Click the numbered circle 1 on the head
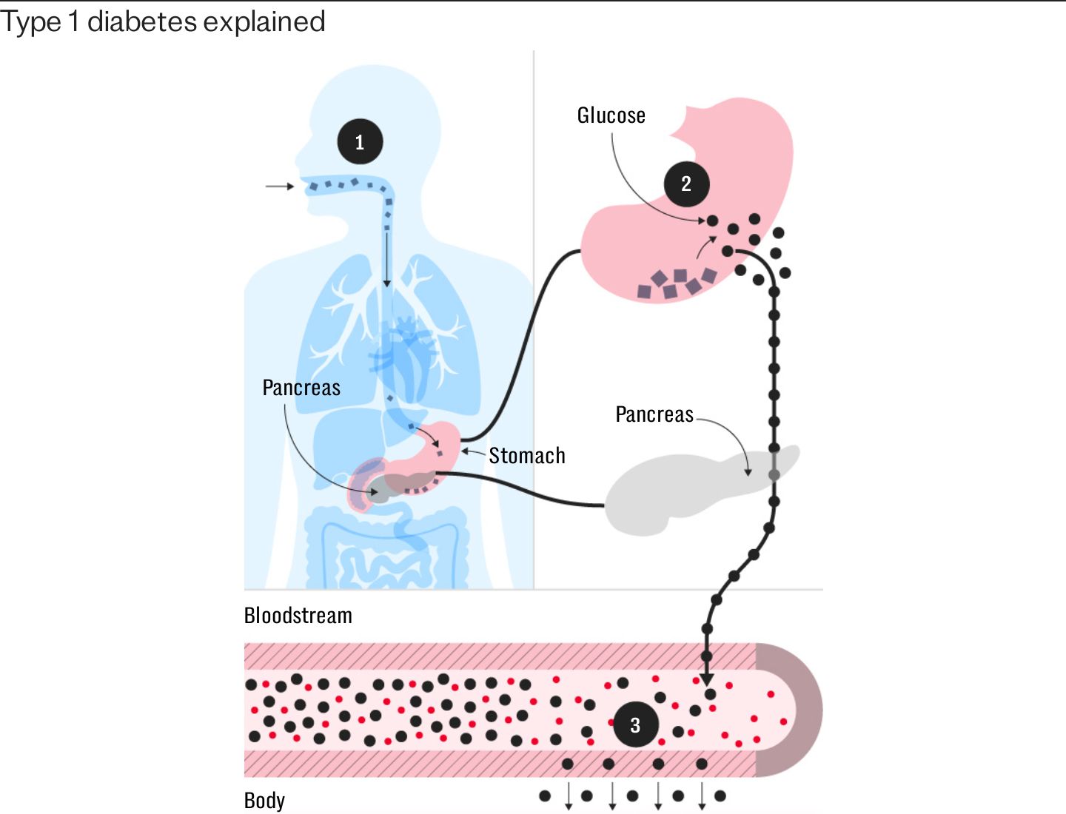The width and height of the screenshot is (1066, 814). pos(360,141)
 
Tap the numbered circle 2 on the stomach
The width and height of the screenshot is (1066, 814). pos(687,184)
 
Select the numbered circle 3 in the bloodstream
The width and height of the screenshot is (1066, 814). pos(636,724)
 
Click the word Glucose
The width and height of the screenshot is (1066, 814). pos(611,115)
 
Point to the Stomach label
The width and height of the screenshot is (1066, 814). pos(527,455)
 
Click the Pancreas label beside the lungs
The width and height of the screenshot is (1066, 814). pos(301,387)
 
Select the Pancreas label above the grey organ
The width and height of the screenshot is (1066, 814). pos(654,414)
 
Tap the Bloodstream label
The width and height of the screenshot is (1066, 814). pos(298,615)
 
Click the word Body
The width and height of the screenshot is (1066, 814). pos(264,800)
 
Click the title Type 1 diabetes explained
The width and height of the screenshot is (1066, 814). pos(163,22)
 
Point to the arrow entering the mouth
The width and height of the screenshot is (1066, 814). pos(280,186)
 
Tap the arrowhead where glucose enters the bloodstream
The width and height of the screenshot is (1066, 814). pos(707,679)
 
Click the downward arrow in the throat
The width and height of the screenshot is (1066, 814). pos(387,260)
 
